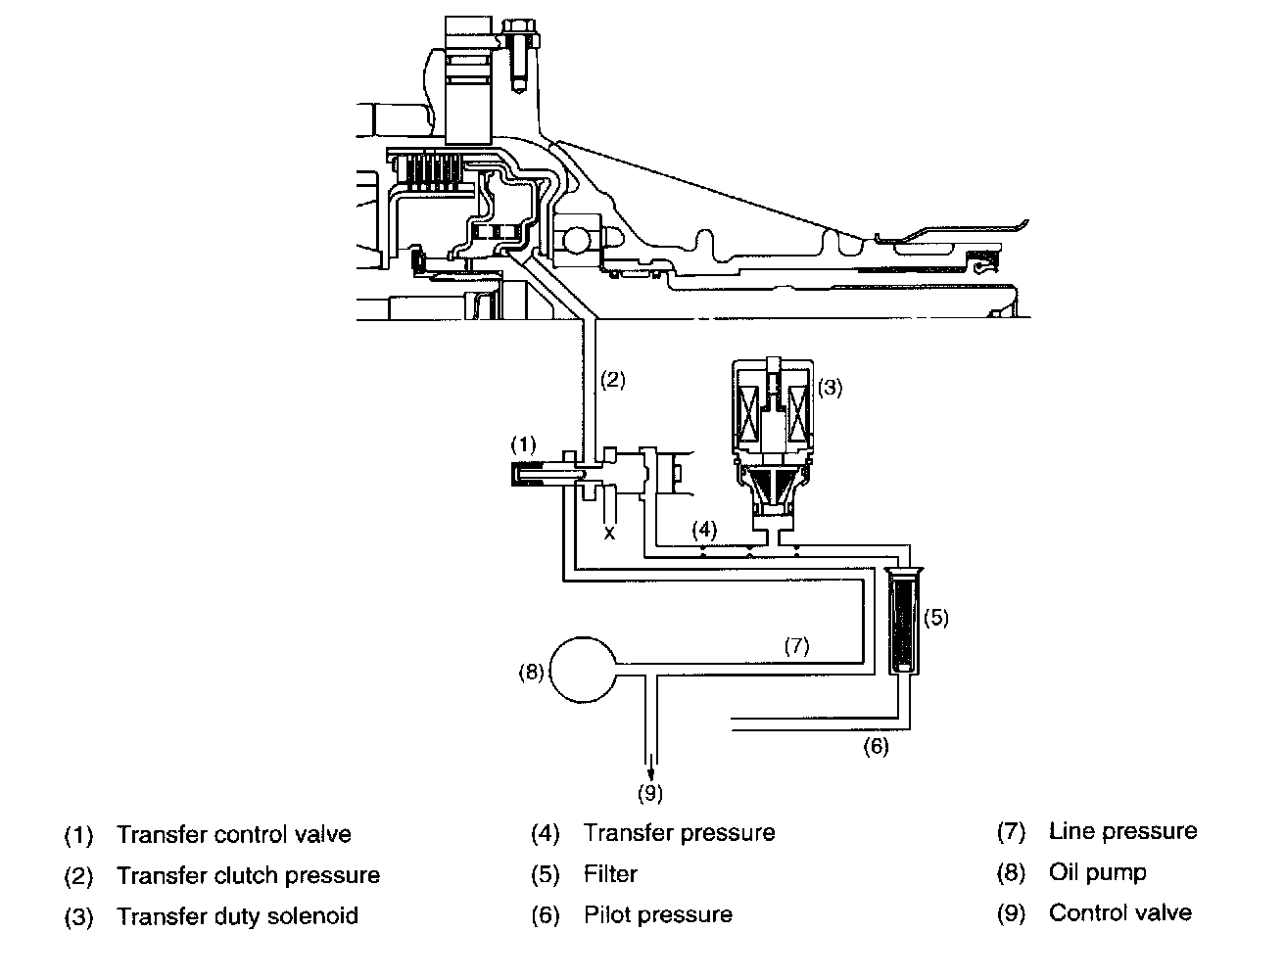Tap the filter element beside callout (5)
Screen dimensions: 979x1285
[901, 622]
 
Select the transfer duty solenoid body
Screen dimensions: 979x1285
[774, 411]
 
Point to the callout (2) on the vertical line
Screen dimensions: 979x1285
[612, 381]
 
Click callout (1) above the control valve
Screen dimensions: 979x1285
[524, 443]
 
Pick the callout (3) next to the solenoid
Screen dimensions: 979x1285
[830, 387]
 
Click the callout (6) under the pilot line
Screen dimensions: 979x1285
[876, 746]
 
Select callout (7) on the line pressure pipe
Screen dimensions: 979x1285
[796, 646]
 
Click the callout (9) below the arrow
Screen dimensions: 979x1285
[650, 792]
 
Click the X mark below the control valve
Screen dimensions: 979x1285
[609, 533]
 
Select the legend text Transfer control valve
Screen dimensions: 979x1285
[233, 835]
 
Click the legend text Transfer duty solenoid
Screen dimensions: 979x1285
[237, 916]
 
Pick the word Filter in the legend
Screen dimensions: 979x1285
[610, 873]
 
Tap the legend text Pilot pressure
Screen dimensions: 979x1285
[657, 914]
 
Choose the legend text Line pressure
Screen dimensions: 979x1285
[1122, 831]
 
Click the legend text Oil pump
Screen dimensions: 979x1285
[1097, 872]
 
